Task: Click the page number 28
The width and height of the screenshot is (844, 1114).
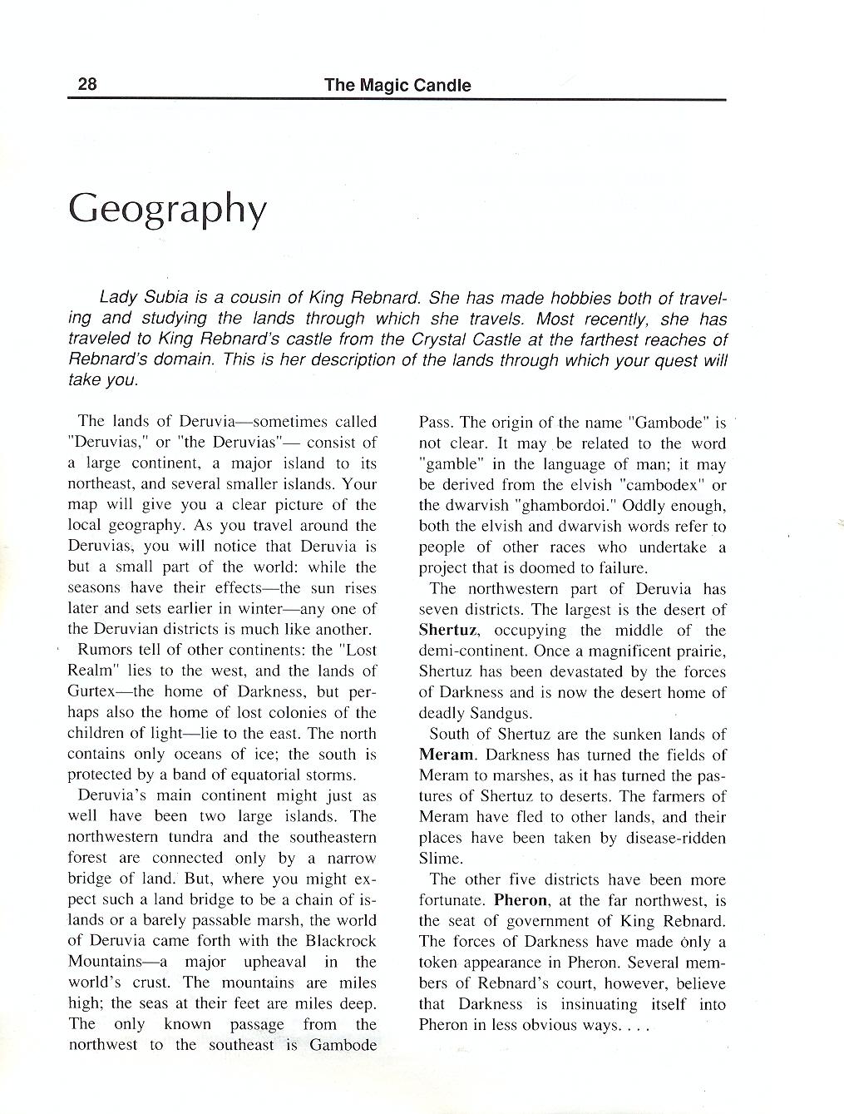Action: click(x=87, y=84)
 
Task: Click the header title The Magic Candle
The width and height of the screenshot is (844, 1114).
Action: click(x=397, y=85)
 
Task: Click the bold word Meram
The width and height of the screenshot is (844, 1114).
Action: click(x=447, y=755)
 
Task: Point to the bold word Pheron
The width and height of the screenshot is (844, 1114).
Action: click(x=521, y=900)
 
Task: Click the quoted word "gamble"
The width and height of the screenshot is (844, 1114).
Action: click(x=448, y=464)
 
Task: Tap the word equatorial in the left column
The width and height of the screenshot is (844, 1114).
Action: click(x=240, y=775)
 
